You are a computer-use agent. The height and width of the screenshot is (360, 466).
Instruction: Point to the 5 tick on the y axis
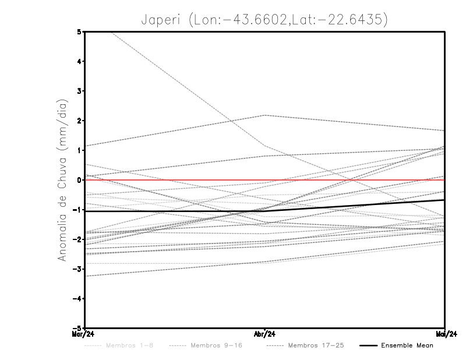click(79, 31)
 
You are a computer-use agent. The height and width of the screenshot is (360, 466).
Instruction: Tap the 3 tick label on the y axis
click(79, 91)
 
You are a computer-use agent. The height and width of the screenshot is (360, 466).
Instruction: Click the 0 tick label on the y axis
click(79, 180)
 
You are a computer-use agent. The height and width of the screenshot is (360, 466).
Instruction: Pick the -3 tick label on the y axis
click(77, 269)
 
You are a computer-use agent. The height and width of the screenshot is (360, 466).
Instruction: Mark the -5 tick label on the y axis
click(77, 329)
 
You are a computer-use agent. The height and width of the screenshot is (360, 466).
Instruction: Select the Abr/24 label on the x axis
click(264, 334)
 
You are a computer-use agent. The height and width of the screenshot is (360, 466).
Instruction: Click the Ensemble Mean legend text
click(407, 346)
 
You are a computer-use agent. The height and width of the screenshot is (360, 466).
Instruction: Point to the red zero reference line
click(175, 180)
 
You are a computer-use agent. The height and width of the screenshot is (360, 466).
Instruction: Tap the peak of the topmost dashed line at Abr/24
click(264, 115)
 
